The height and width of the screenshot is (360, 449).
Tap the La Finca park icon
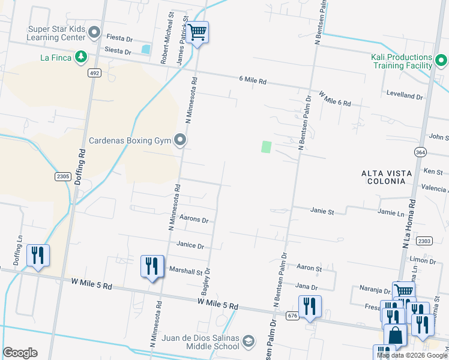(80, 58)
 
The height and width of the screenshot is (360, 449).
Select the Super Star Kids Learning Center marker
(94, 32)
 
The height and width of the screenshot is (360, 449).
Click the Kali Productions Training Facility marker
(441, 61)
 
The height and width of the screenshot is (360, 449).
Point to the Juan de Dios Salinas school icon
(247, 342)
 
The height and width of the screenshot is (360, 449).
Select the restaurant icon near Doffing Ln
(38, 255)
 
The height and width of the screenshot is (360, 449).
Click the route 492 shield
(94, 73)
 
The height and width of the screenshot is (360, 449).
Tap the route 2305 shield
(63, 176)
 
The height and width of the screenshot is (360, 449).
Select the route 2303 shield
(423, 241)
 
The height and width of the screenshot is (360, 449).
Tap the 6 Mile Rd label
(252, 80)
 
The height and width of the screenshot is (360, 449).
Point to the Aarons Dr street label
(194, 220)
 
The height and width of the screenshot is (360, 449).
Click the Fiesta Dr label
(119, 38)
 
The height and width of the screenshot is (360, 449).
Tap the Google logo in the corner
(20, 352)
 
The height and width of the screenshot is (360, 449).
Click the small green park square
(267, 146)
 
